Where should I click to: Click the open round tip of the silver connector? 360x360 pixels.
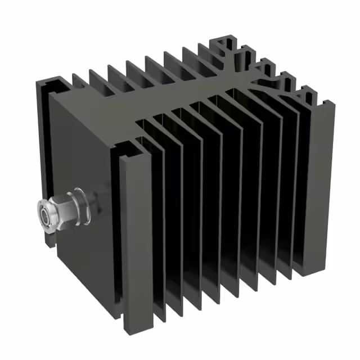pos(43,216)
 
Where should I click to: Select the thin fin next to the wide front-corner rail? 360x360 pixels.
pos(158,225)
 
